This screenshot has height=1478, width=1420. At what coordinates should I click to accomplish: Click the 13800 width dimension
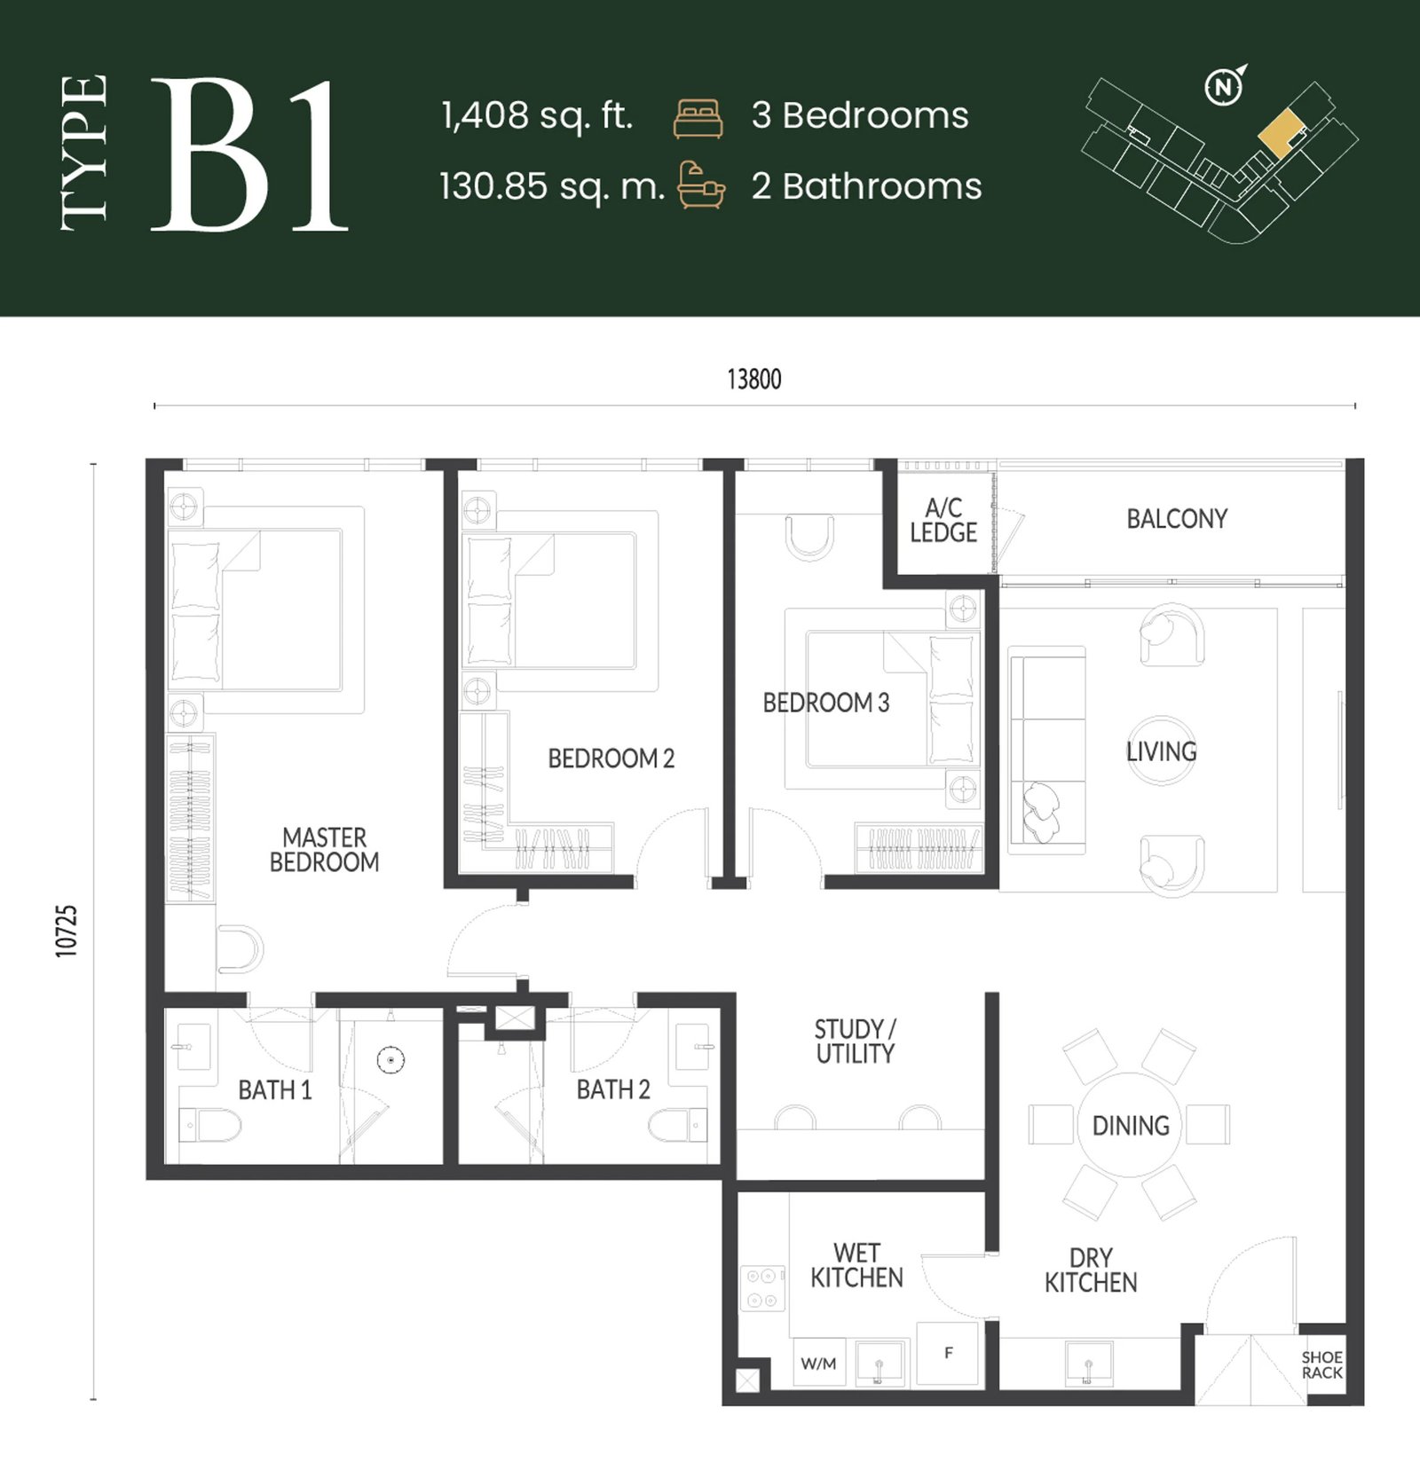[x=754, y=380]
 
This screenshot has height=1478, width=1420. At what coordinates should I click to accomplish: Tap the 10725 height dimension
[x=67, y=931]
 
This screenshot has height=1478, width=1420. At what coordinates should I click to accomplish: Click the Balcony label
[x=1177, y=519]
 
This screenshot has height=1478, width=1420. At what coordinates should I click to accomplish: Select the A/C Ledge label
[x=943, y=520]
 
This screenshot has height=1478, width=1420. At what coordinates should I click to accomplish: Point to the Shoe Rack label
[x=1321, y=1364]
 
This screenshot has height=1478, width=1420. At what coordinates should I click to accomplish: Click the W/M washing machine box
[x=819, y=1363]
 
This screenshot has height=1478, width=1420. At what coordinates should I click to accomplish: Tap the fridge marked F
[x=948, y=1353]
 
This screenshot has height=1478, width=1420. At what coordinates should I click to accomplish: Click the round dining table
[x=1130, y=1125]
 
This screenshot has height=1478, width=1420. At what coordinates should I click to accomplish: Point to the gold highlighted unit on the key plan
[x=1282, y=134]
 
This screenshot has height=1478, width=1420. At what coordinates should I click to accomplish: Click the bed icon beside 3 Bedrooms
[x=698, y=119]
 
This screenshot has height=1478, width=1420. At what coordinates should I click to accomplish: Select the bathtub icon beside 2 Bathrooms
[x=701, y=185]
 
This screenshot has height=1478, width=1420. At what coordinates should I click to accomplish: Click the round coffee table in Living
[x=1161, y=751]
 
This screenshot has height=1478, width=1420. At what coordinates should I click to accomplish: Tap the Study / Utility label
[x=856, y=1042]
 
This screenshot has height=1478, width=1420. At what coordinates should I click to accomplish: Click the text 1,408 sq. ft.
[x=537, y=116]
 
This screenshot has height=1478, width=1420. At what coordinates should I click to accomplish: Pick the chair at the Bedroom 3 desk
[x=809, y=538]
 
